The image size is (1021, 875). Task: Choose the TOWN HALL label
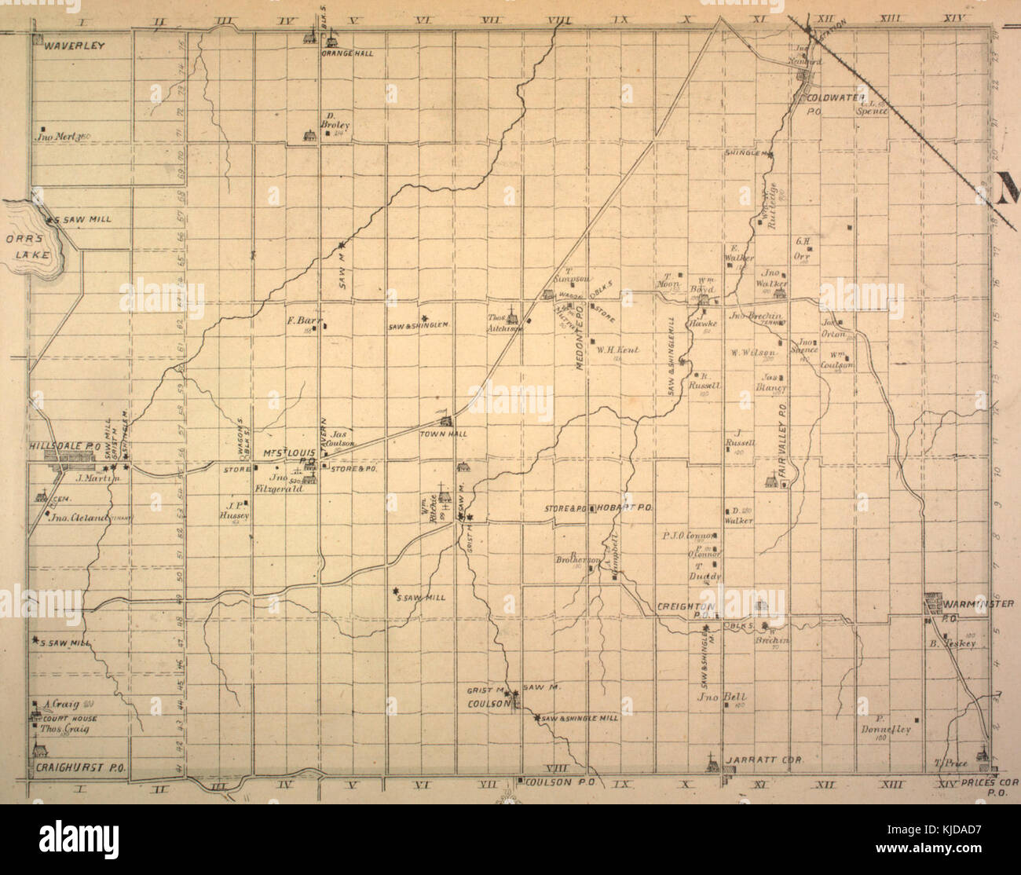443,433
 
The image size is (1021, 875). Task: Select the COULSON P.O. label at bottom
558,782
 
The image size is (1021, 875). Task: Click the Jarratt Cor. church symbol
711,760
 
